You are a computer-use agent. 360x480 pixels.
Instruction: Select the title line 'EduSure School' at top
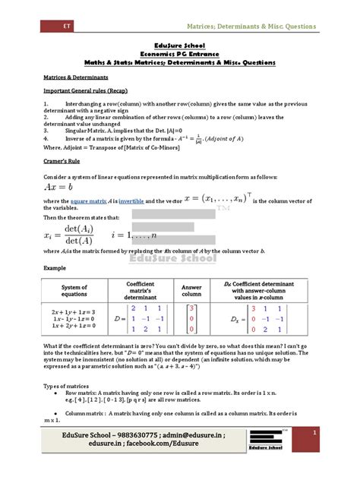[180, 46]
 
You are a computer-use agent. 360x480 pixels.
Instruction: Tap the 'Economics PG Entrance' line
[180, 54]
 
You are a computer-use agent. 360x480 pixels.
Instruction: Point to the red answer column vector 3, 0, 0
[192, 320]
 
